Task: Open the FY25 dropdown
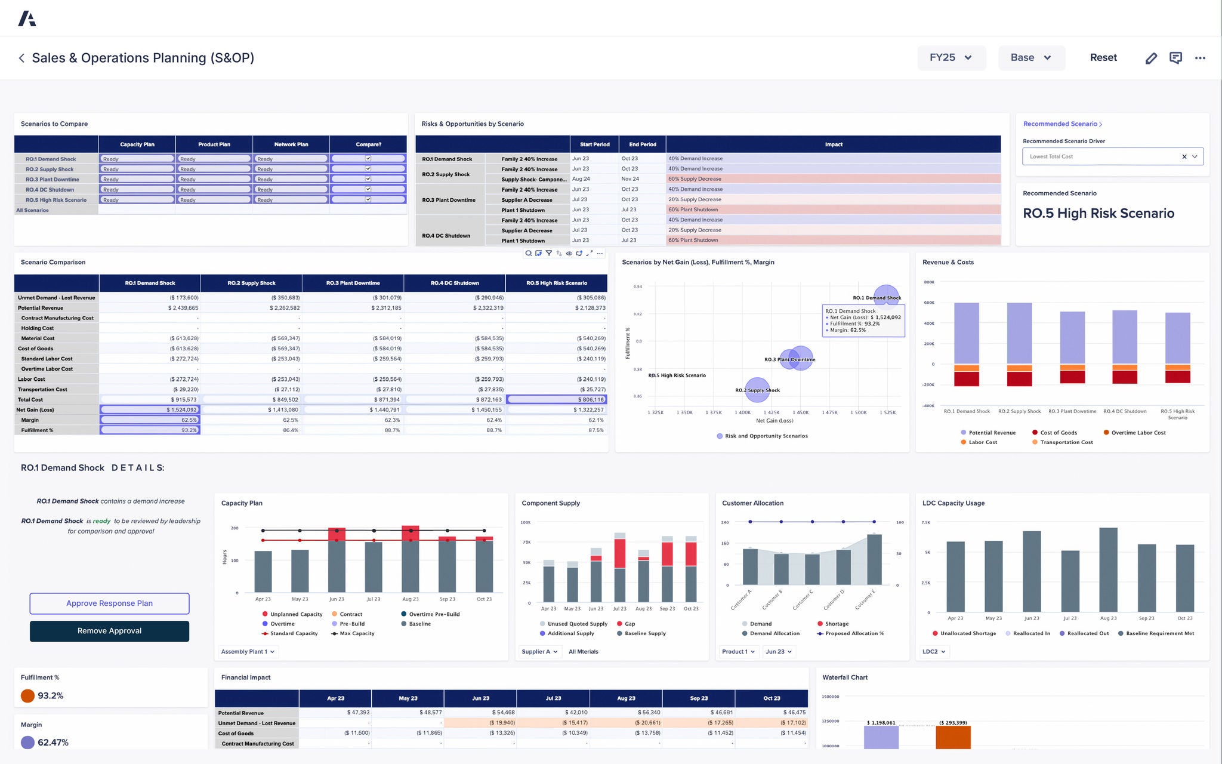pyautogui.click(x=951, y=58)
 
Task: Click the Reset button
pyautogui.click(x=1103, y=58)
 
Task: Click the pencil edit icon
pyautogui.click(x=1151, y=58)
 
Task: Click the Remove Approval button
pyautogui.click(x=109, y=631)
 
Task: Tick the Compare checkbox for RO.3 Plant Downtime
pyautogui.click(x=368, y=179)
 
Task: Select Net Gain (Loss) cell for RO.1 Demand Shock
pyautogui.click(x=150, y=410)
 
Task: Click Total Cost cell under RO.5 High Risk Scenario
pyautogui.click(x=556, y=399)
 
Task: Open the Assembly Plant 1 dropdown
pyautogui.click(x=248, y=652)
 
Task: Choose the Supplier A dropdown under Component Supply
pyautogui.click(x=539, y=652)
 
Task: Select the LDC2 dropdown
pyautogui.click(x=934, y=652)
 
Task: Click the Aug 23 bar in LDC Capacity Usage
pyautogui.click(x=1108, y=570)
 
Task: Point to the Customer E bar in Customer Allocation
pyautogui.click(x=874, y=559)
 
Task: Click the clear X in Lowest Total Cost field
pyautogui.click(x=1184, y=157)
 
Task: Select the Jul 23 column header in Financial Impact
pyautogui.click(x=553, y=698)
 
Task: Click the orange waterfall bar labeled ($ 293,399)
pyautogui.click(x=953, y=737)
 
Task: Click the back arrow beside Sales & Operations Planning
pyautogui.click(x=21, y=58)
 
